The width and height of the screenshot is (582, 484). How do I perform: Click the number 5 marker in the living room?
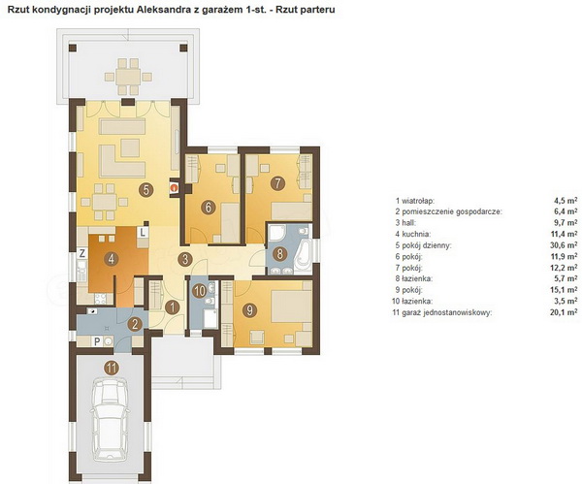pyautogui.click(x=145, y=190)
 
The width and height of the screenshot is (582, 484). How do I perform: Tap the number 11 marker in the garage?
pyautogui.click(x=112, y=368)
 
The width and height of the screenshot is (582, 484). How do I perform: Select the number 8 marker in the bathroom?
pyautogui.click(x=279, y=254)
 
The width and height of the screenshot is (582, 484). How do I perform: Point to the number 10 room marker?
pyautogui.click(x=200, y=291)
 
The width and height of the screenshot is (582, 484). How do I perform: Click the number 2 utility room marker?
pyautogui.click(x=135, y=324)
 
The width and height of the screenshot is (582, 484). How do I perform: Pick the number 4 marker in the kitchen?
pyautogui.click(x=111, y=258)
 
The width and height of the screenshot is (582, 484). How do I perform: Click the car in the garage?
pyautogui.click(x=111, y=418)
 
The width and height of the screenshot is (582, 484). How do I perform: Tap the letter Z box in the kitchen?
pyautogui.click(x=82, y=253)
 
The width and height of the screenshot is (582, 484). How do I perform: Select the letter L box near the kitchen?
pyautogui.click(x=143, y=233)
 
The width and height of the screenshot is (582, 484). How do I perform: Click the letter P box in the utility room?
pyautogui.click(x=97, y=341)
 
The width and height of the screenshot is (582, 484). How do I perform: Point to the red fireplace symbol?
pyautogui.click(x=174, y=188)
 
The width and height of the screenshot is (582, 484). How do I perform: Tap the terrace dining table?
pyautogui.click(x=128, y=77)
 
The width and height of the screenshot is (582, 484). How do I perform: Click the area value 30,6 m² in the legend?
pyautogui.click(x=564, y=245)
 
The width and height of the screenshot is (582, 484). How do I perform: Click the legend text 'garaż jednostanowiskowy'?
pyautogui.click(x=446, y=312)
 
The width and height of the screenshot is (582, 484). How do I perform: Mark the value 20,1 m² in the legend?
pyautogui.click(x=564, y=312)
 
